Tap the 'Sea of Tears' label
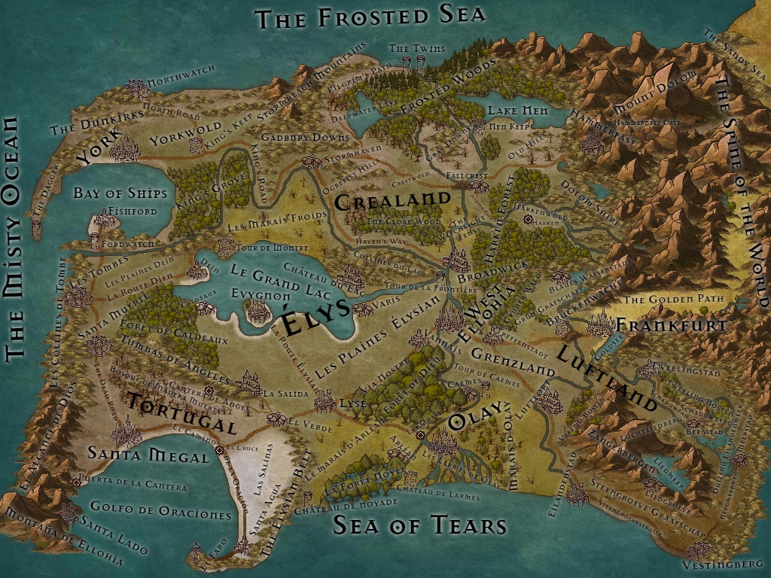(419, 525)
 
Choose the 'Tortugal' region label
(181, 415)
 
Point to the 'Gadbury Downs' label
(305, 138)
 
